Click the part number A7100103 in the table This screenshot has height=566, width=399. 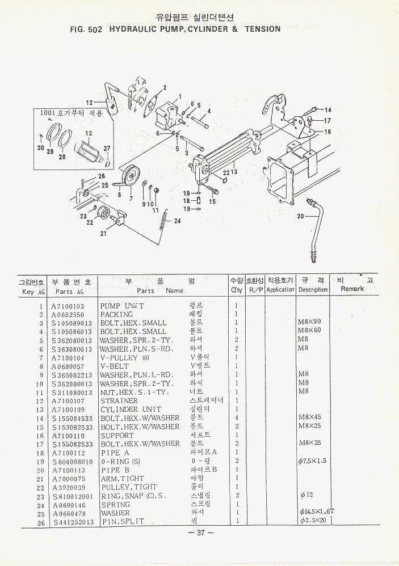68,306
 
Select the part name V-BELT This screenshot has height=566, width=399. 115,366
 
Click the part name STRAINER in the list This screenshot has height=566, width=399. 120,401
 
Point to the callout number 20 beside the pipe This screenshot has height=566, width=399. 300,216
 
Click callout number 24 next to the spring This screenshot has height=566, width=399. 177,221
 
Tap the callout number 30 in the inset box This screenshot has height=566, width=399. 40,147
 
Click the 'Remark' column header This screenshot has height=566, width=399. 352,289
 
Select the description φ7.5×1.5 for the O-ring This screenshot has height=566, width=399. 312,461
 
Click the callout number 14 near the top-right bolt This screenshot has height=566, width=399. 327,110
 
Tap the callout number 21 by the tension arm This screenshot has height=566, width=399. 103,233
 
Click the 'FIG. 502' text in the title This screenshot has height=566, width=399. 85,29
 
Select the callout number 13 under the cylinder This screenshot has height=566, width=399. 233,172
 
